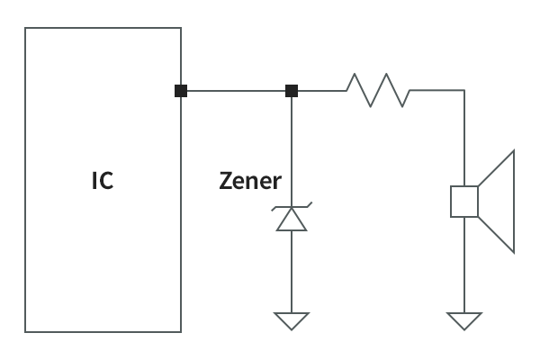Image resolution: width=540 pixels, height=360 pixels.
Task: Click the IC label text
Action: (x=103, y=181)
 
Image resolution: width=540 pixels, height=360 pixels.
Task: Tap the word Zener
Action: (x=250, y=181)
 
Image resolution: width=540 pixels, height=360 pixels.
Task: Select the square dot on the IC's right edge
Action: (x=181, y=90)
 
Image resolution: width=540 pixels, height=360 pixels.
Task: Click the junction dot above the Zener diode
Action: (x=291, y=90)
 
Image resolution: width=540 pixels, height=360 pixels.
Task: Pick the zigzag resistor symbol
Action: (x=378, y=90)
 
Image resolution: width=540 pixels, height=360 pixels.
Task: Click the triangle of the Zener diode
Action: (x=291, y=221)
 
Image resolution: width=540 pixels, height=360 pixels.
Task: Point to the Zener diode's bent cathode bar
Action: (x=291, y=209)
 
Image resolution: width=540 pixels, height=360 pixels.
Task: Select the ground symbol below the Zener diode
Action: (x=291, y=320)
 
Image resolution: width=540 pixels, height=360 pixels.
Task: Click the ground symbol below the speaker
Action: (x=464, y=320)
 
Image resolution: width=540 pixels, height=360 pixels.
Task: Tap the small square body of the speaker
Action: (x=463, y=202)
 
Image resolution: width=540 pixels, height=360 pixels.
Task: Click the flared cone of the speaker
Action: (x=499, y=202)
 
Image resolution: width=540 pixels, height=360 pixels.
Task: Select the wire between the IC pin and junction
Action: (x=236, y=90)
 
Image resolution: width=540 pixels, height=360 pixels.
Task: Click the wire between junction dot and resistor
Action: (x=320, y=90)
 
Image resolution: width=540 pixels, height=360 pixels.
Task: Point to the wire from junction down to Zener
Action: (x=291, y=148)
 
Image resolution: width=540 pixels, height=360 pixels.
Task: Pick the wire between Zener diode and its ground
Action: (x=291, y=270)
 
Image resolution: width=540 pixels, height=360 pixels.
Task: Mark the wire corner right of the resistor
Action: (x=464, y=90)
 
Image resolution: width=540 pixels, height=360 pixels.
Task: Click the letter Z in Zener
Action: (x=227, y=181)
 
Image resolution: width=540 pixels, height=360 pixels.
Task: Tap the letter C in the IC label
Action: (x=107, y=181)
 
